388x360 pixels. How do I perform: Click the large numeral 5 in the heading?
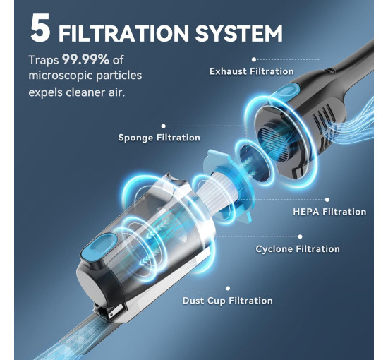[41, 28]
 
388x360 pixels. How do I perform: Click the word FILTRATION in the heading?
[123, 33]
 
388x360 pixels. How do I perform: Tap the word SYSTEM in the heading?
[239, 33]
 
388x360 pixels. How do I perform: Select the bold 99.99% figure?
[85, 59]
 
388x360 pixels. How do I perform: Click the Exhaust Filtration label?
[252, 71]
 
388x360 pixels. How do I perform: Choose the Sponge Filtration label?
[159, 138]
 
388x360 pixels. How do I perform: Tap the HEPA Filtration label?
[329, 212]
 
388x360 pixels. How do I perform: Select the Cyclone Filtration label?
[298, 249]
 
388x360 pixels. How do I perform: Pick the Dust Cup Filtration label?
[228, 301]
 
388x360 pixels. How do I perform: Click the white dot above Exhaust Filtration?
[254, 59]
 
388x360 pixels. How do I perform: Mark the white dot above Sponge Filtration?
[164, 126]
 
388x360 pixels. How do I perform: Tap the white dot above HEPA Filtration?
[327, 200]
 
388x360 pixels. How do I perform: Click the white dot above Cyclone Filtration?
[300, 236]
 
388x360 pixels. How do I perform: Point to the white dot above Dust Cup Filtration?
[228, 288]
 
